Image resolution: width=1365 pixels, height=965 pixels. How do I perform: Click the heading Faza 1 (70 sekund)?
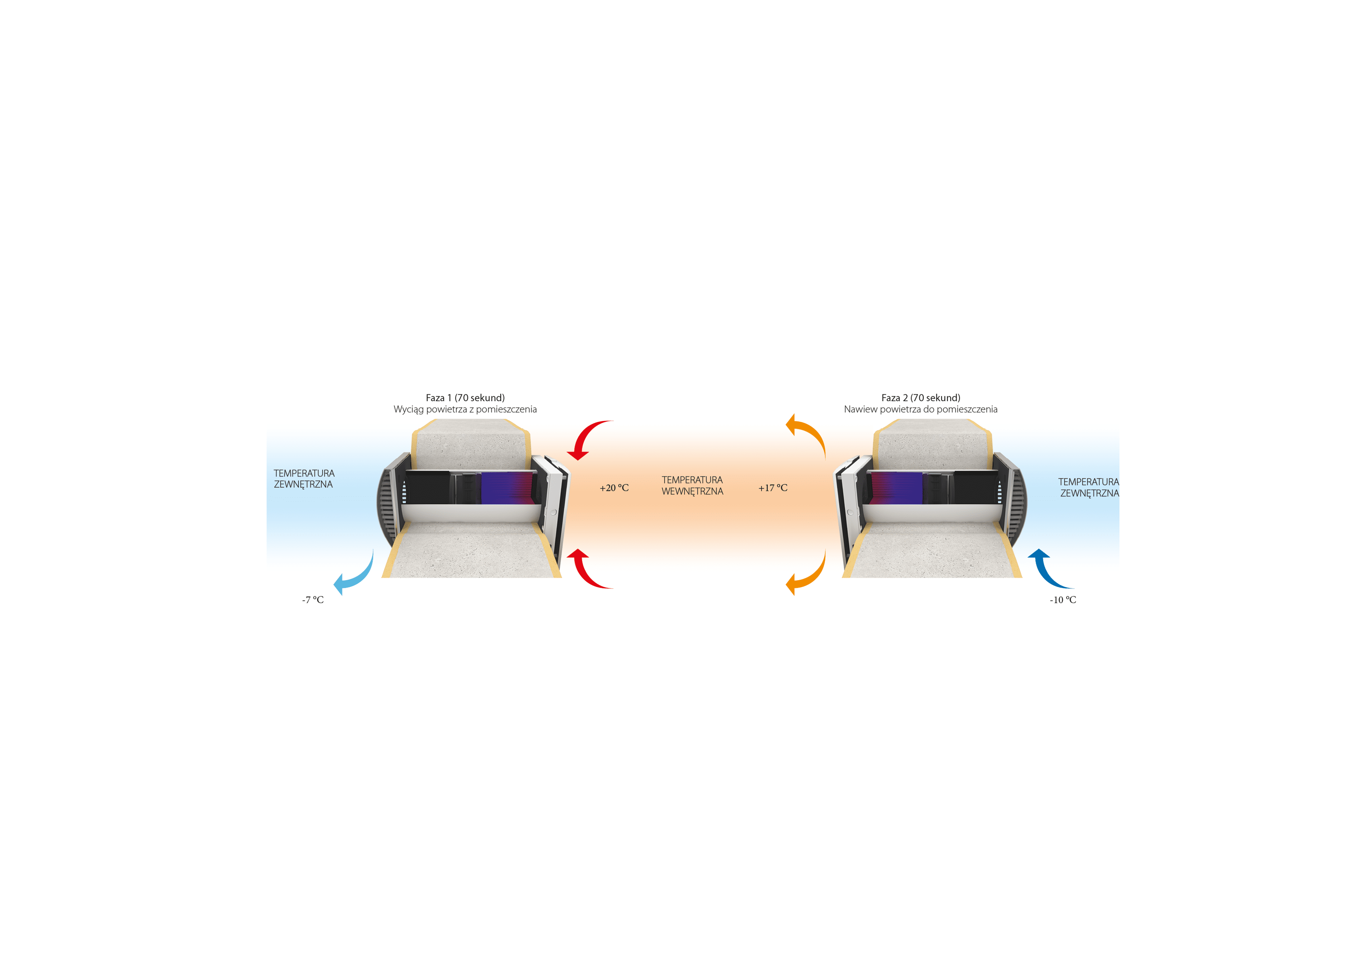point(465,398)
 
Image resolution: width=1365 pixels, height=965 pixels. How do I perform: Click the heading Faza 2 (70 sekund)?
point(920,398)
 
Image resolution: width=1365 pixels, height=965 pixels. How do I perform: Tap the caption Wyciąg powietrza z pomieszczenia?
point(465,409)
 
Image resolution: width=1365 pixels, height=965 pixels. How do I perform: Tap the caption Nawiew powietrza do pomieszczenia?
point(920,409)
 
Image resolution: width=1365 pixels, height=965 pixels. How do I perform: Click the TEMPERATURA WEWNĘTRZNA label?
point(692,485)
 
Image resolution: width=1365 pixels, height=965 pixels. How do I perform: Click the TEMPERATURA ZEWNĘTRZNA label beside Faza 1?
point(304,479)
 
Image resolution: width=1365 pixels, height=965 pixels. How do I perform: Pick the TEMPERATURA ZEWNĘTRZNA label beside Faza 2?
point(1088,487)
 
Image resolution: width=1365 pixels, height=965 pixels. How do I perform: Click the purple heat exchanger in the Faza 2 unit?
point(896,488)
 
